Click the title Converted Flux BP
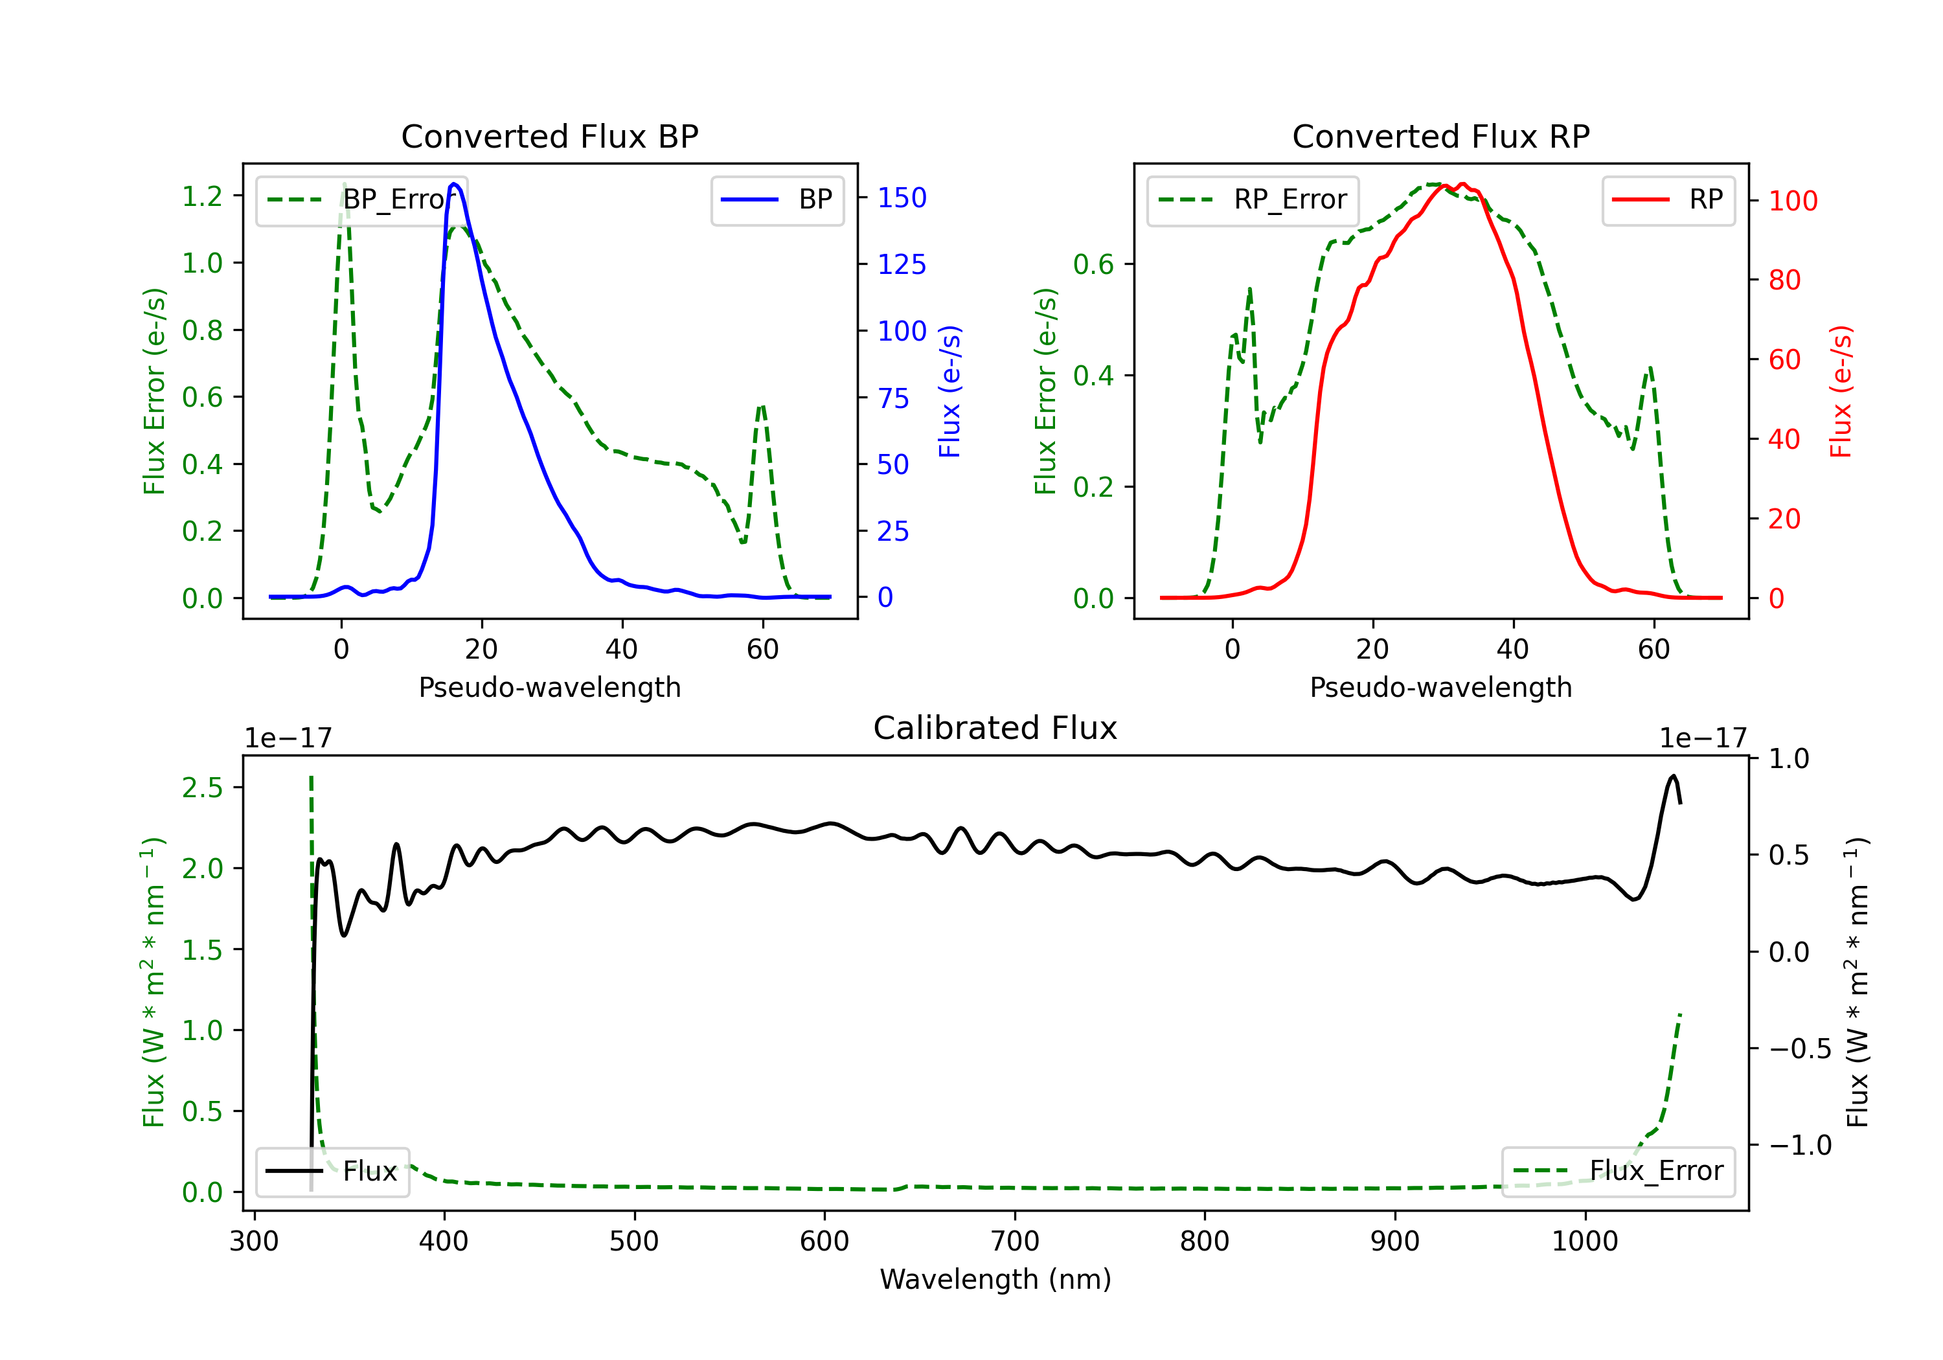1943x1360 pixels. tap(549, 136)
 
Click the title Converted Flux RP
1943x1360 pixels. tap(1440, 136)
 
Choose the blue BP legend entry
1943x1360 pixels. tap(777, 199)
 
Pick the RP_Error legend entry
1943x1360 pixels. tap(1253, 199)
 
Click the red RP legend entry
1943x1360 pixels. tap(1668, 199)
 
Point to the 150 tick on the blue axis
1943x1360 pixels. tap(902, 198)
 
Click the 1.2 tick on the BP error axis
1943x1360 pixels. tap(202, 196)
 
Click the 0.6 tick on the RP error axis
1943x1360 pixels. tap(1093, 264)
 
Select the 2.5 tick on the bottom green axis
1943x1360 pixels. tap(202, 788)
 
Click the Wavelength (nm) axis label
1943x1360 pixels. tap(995, 1280)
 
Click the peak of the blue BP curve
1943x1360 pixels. tap(455, 184)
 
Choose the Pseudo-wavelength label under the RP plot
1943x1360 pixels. tap(1440, 688)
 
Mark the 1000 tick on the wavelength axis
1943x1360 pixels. tap(1584, 1241)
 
